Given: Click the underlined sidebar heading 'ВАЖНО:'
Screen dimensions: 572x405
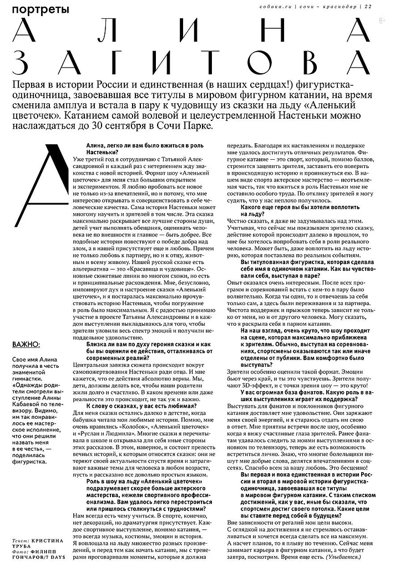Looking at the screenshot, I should tap(26, 345).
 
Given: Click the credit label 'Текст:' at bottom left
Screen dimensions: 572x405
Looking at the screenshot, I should tap(22, 540).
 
